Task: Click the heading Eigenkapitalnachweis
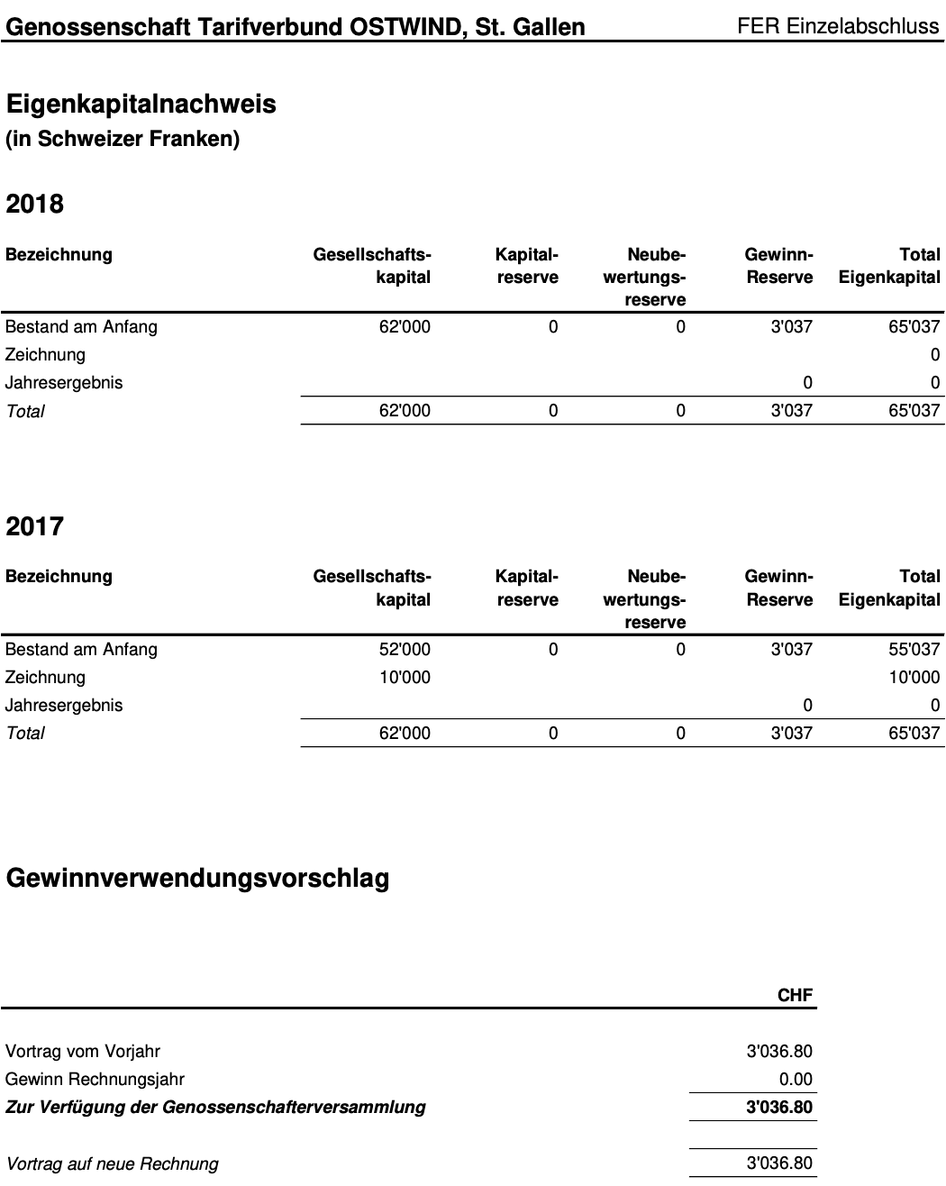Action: (x=141, y=105)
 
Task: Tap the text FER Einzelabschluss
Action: (x=838, y=26)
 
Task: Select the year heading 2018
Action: (x=34, y=204)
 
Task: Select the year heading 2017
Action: (x=34, y=526)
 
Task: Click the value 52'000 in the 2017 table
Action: (x=405, y=650)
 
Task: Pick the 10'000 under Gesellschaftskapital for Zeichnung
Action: (x=405, y=678)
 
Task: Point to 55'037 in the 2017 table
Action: (x=914, y=650)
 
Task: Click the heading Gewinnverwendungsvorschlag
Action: (x=197, y=878)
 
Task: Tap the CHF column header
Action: (x=795, y=995)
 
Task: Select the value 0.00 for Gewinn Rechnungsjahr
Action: (x=796, y=1080)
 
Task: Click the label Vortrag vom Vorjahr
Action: (x=83, y=1052)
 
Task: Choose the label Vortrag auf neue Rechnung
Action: (x=112, y=1164)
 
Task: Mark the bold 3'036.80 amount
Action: (x=779, y=1108)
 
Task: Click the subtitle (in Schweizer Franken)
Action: (x=123, y=141)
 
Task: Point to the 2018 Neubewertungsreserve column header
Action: (x=645, y=277)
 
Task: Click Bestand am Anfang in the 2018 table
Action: (x=81, y=327)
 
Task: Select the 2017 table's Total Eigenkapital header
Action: (x=889, y=588)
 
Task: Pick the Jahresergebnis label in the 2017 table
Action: (x=64, y=706)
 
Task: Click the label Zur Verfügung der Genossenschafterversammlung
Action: (x=215, y=1108)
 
